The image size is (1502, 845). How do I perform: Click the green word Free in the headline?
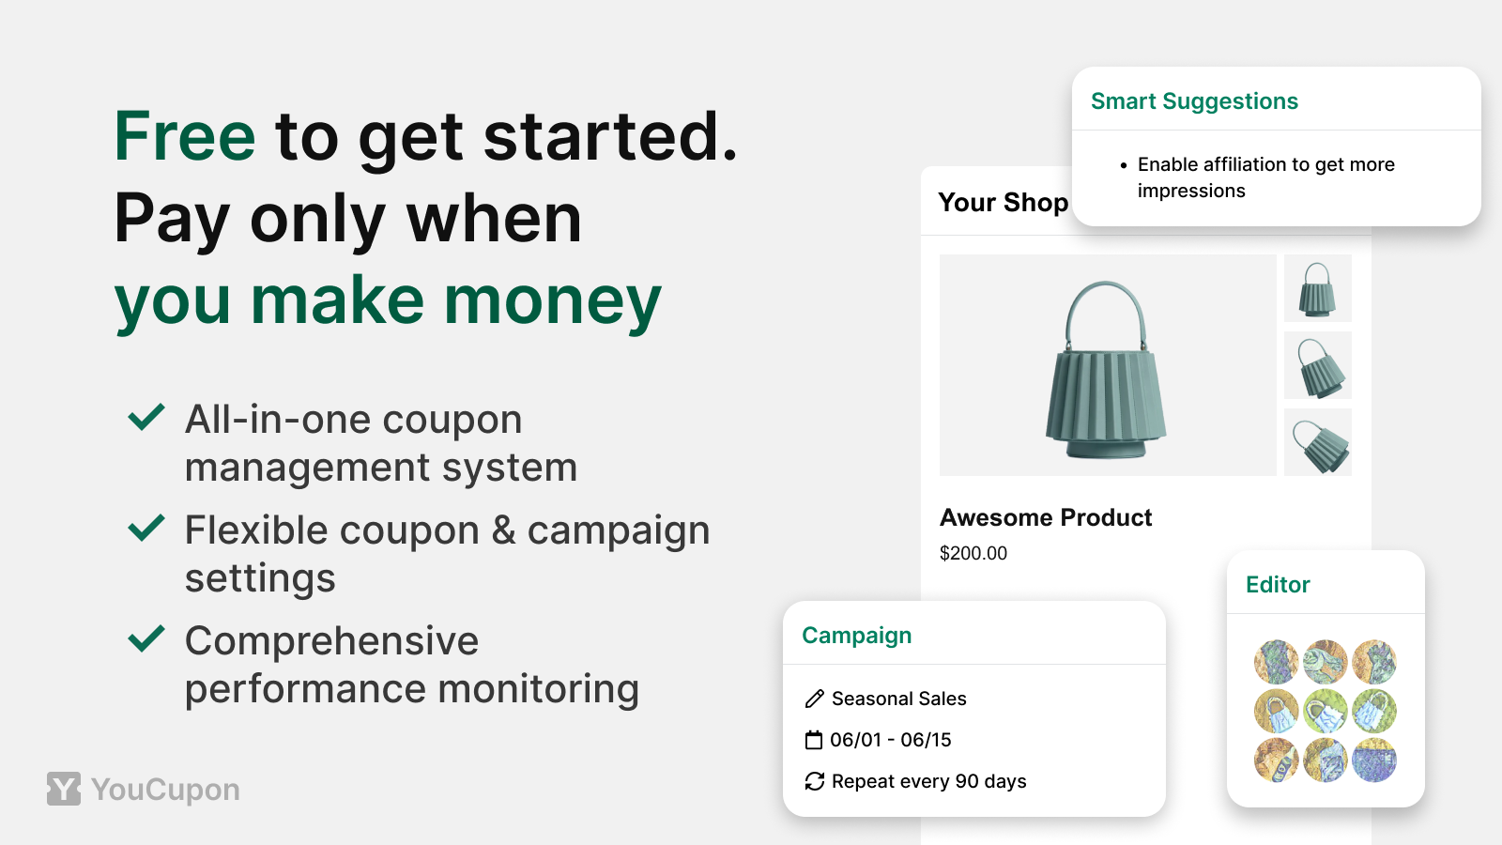184,136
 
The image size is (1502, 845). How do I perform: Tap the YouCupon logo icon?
64,789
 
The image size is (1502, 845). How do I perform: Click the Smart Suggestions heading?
1194,101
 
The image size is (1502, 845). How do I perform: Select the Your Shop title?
1004,202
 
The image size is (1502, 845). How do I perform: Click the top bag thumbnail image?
1318,288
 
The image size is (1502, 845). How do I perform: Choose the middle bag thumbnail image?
1318,365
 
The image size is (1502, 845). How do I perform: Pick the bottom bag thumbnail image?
1318,442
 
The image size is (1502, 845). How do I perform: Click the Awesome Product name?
1046,517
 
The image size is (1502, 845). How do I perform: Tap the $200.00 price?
973,553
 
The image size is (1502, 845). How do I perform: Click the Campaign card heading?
856,635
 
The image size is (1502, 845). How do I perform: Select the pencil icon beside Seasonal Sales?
814,699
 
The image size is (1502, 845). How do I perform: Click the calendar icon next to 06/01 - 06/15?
813,740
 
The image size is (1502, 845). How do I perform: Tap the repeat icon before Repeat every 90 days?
814,781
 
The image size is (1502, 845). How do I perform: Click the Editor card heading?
1278,585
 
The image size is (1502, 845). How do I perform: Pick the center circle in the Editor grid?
1325,711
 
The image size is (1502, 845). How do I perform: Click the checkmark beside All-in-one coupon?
146,417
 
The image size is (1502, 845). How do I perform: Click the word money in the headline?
553,301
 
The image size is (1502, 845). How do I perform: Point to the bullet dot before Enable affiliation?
1124,165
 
